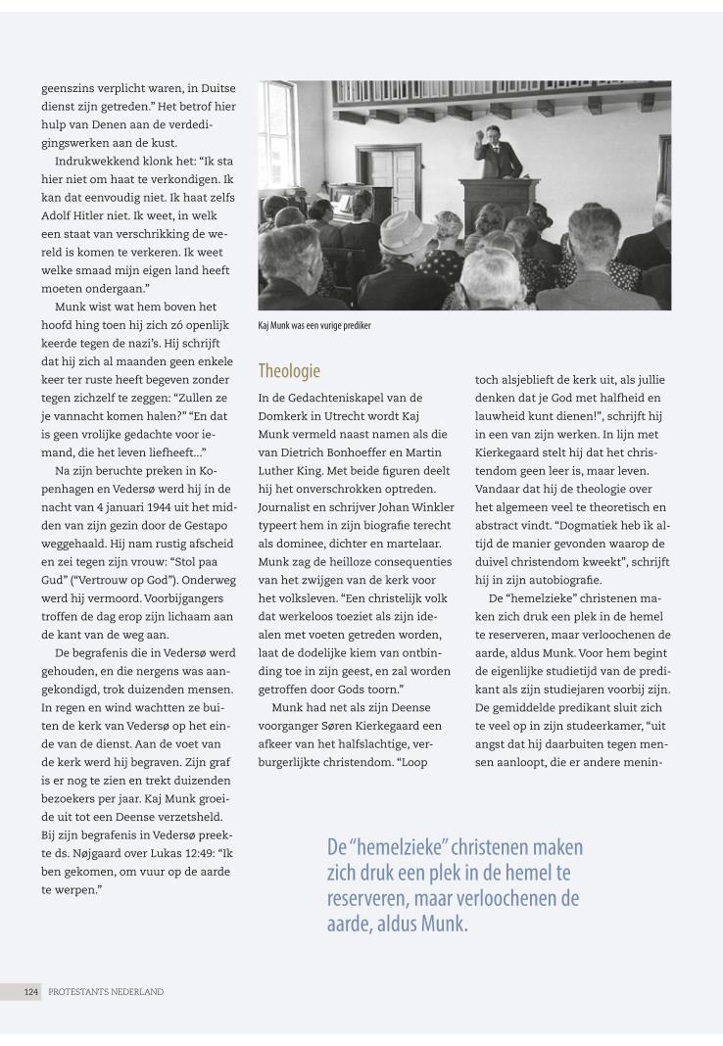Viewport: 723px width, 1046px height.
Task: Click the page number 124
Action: tap(32, 991)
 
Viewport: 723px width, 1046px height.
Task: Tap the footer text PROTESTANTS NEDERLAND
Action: tap(106, 991)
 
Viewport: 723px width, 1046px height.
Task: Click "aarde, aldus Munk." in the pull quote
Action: tap(398, 922)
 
